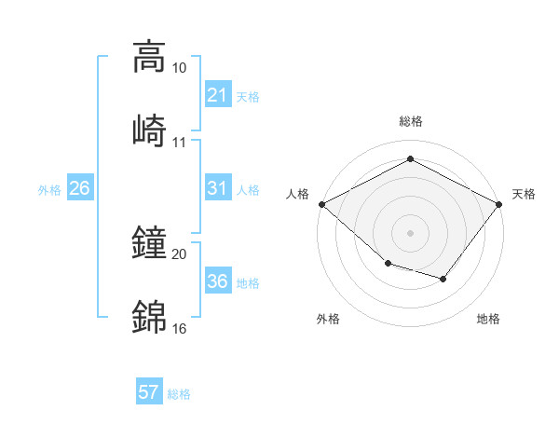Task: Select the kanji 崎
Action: click(149, 130)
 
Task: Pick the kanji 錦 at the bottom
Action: click(149, 316)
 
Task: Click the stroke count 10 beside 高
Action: click(180, 68)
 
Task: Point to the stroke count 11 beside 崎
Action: click(180, 143)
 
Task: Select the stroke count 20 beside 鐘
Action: click(180, 254)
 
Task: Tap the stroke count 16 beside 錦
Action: click(180, 329)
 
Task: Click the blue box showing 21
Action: click(217, 95)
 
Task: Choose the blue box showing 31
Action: click(217, 189)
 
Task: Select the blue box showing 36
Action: click(217, 282)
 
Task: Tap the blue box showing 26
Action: click(79, 189)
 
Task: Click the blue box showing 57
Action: click(149, 392)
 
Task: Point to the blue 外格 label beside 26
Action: click(49, 190)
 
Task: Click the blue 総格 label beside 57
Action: click(179, 394)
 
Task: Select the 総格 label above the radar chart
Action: click(410, 121)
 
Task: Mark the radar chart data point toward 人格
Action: click(321, 203)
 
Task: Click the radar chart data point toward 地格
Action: click(443, 279)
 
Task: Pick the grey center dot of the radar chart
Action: click(410, 232)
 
